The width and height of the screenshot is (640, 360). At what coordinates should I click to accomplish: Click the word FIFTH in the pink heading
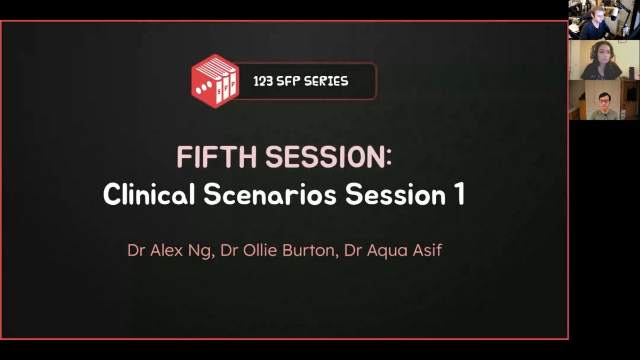point(217,157)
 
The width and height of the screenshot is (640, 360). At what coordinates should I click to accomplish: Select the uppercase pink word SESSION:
point(329,157)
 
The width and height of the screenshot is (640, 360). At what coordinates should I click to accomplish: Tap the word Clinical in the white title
point(149,194)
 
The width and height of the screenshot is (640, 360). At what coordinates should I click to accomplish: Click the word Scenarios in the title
point(270,194)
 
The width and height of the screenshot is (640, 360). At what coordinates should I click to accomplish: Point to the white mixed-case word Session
point(395,194)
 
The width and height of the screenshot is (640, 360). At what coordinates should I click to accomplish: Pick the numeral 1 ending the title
point(460,194)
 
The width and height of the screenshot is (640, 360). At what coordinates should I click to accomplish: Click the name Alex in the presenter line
point(166,250)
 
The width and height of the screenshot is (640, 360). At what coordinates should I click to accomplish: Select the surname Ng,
point(202,251)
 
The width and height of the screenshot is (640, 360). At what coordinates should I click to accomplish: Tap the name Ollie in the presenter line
point(260,250)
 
